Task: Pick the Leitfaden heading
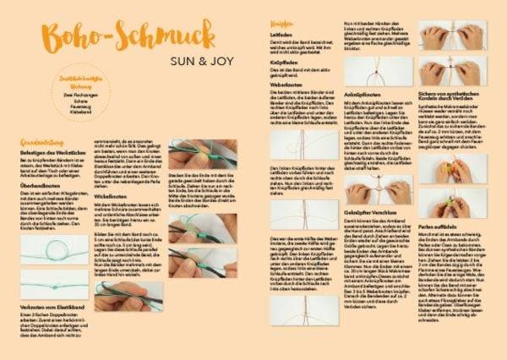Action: tap(281, 35)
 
